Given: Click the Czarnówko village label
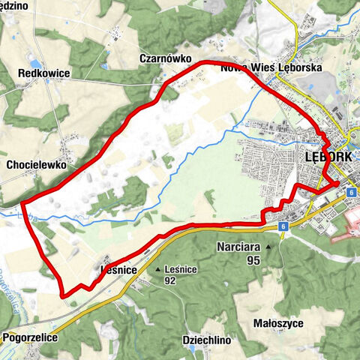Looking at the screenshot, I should click(166, 58).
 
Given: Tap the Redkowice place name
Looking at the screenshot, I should click(44, 74).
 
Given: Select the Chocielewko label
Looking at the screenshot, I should click(37, 163).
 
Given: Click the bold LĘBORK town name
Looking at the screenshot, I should click(330, 158).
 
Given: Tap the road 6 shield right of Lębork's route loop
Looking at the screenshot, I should click(350, 192).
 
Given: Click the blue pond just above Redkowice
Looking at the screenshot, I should click(33, 63).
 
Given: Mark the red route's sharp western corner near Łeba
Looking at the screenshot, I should click(22, 202).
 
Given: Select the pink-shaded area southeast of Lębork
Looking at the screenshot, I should click(345, 225).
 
